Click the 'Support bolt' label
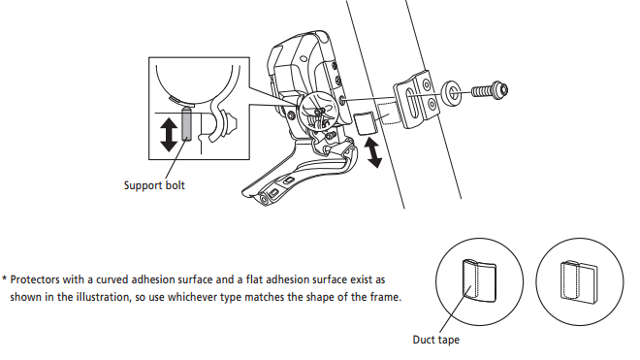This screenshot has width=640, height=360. (154, 185)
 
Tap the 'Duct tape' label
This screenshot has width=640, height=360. (436, 340)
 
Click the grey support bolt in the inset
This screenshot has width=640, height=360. (186, 124)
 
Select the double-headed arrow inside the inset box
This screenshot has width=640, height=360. (169, 135)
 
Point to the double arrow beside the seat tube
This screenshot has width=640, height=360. (374, 152)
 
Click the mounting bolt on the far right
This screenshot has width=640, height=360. (490, 89)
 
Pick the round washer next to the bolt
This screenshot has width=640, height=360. (451, 92)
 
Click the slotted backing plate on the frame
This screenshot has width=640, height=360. (416, 99)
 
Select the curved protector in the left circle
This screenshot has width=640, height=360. (479, 281)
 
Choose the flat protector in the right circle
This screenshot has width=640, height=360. (579, 282)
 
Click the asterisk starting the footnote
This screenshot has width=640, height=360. (4, 279)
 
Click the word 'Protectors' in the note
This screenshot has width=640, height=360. (36, 279)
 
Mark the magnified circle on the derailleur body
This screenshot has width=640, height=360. (319, 112)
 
